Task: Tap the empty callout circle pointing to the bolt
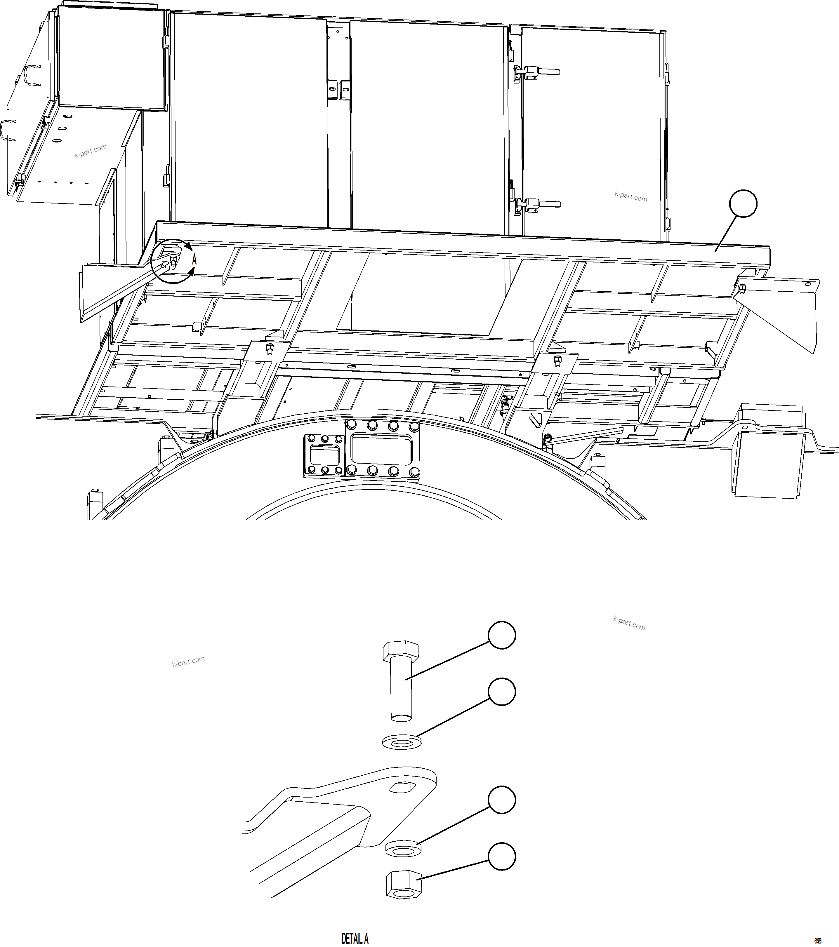coord(502,636)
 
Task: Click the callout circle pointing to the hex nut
coord(502,857)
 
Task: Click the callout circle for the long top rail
coord(743,203)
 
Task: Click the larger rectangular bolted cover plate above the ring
coord(383,448)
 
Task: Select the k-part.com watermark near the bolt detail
coord(188,661)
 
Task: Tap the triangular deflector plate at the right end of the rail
coord(784,310)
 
